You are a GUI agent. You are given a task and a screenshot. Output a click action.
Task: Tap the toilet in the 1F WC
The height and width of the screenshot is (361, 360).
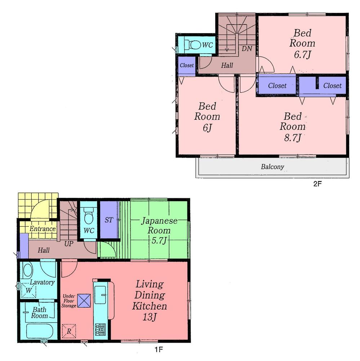[89, 217]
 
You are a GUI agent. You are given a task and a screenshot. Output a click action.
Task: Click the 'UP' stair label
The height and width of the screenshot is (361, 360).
[69, 244]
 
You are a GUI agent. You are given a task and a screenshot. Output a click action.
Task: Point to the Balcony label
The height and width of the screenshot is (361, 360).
[272, 167]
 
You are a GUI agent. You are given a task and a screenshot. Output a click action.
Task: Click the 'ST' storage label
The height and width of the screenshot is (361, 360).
[108, 220]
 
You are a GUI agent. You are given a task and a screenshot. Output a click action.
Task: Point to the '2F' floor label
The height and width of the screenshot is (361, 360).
[317, 183]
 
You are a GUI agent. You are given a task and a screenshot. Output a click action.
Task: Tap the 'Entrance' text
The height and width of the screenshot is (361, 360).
[43, 229]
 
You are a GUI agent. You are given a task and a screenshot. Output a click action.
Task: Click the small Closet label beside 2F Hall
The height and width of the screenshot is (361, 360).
[187, 66]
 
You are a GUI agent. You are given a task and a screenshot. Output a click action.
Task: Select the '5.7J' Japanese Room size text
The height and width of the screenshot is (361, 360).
[159, 241]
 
